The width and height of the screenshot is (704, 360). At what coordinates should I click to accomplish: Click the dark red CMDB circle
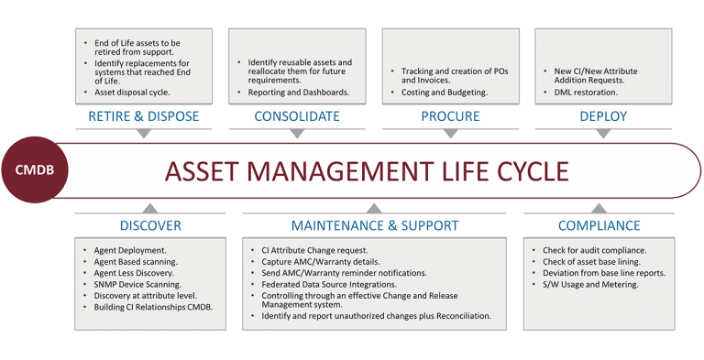pos(37,169)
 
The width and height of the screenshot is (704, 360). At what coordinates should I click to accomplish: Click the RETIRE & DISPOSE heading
pos(144,116)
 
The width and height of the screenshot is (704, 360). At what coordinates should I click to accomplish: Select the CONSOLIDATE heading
pos(298,116)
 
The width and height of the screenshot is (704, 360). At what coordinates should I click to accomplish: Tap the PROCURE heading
pos(451,116)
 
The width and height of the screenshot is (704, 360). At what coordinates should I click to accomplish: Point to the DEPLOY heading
pos(604,116)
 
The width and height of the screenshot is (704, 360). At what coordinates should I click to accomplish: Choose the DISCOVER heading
pos(150,224)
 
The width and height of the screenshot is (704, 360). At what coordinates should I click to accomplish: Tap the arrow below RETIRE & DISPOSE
pos(144,134)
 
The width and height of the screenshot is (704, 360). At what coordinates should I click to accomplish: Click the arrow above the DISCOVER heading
pos(150,208)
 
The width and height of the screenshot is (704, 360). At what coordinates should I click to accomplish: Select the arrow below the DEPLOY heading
pos(604,134)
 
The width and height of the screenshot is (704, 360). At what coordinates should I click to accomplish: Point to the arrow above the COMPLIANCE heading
pos(597,208)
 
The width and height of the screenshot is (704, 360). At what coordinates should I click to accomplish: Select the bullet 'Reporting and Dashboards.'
pos(298,93)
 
